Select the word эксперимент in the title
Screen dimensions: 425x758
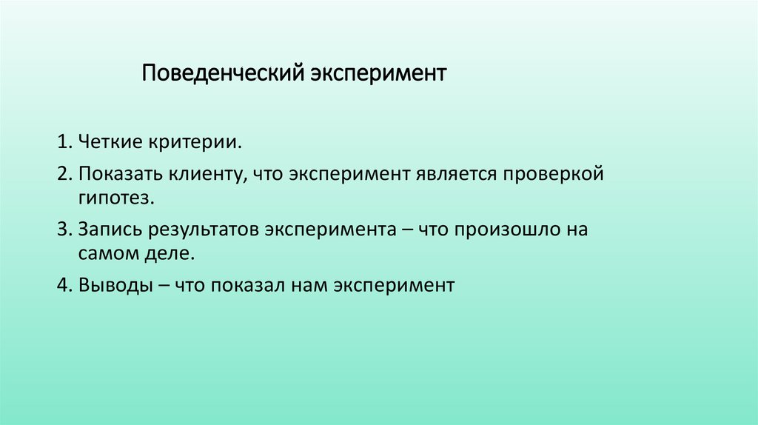pyautogui.click(x=378, y=75)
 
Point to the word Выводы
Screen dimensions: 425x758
pyautogui.click(x=110, y=285)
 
